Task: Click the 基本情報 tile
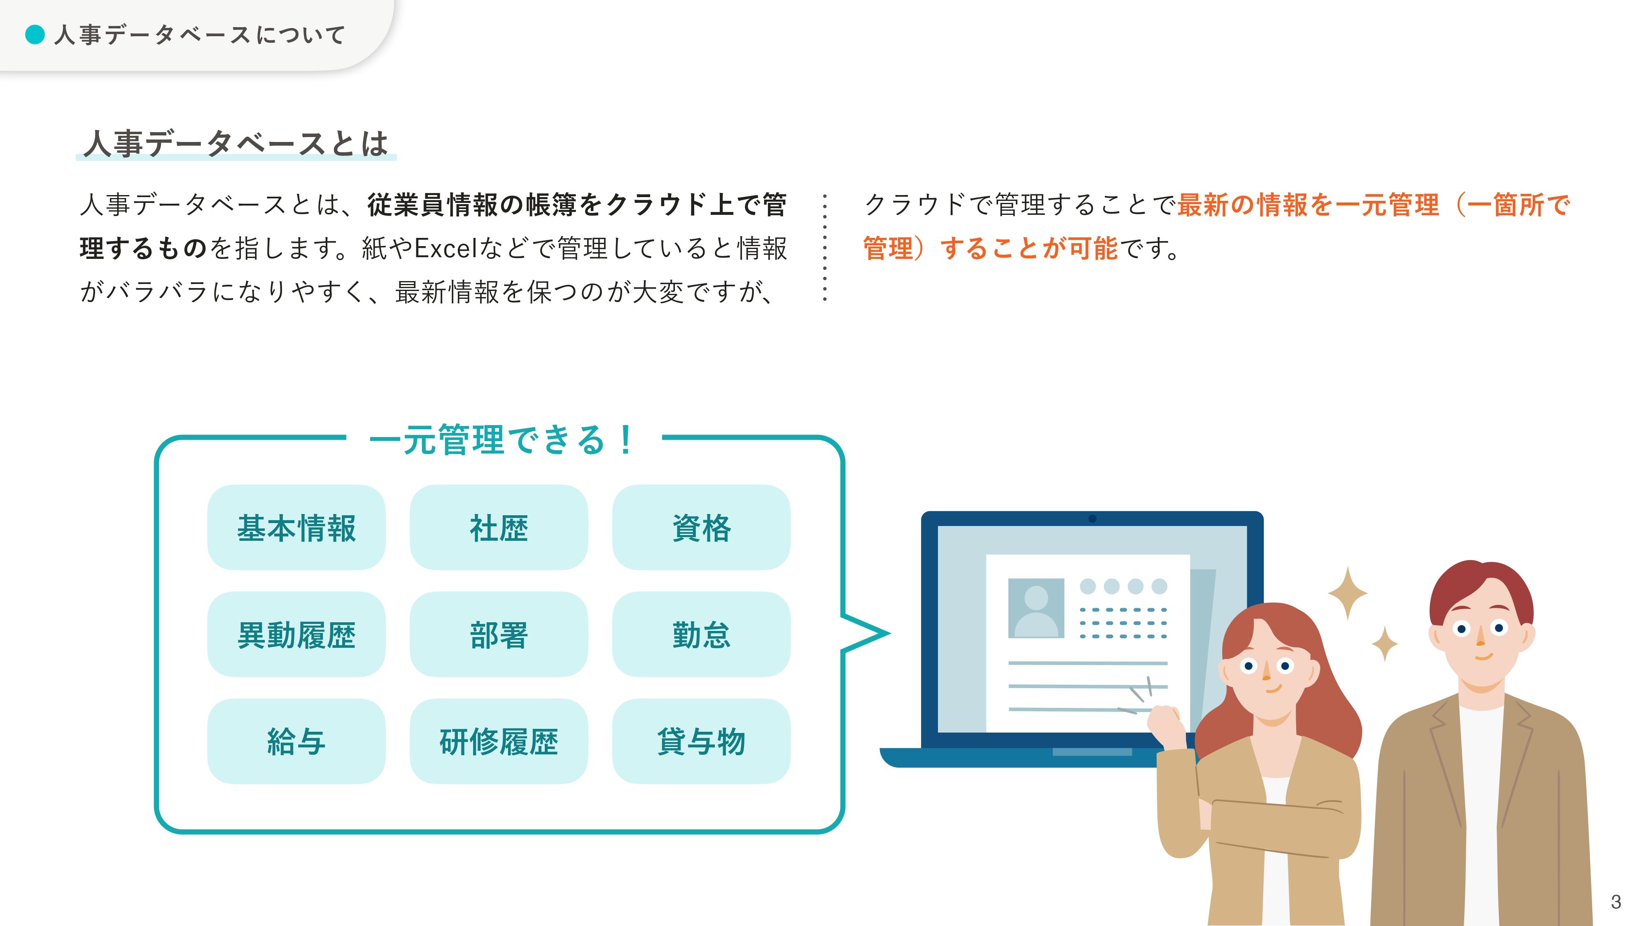pyautogui.click(x=296, y=527)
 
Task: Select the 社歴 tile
pyautogui.click(x=499, y=527)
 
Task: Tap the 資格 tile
pyautogui.click(x=701, y=527)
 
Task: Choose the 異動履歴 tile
pyautogui.click(x=296, y=634)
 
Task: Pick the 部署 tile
pyautogui.click(x=499, y=634)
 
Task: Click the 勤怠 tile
pyautogui.click(x=701, y=634)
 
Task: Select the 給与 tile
pyautogui.click(x=296, y=741)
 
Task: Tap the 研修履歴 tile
pyautogui.click(x=499, y=741)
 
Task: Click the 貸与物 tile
pyautogui.click(x=701, y=741)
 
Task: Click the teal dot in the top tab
pyautogui.click(x=35, y=35)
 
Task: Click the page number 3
pyautogui.click(x=1616, y=902)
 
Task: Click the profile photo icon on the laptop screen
pyautogui.click(x=1036, y=608)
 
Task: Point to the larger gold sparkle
pyautogui.click(x=1348, y=593)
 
